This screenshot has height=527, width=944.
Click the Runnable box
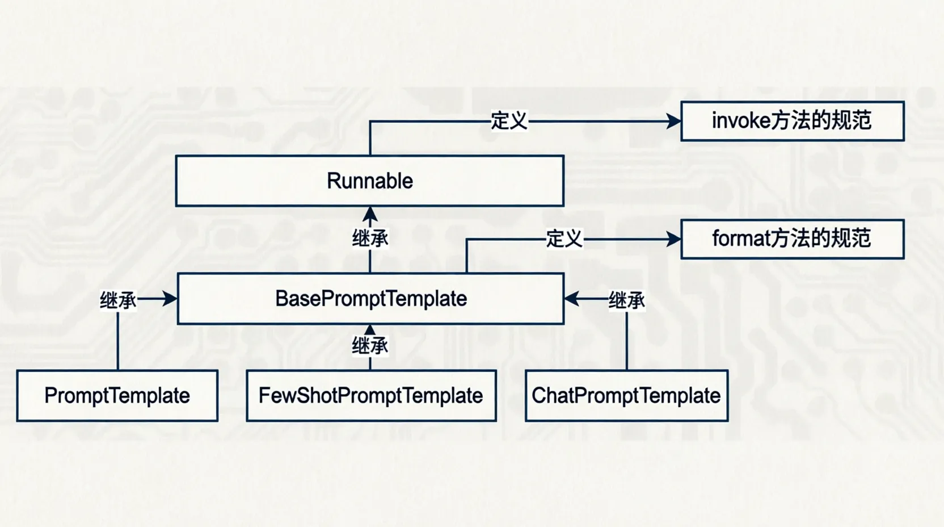[x=370, y=181]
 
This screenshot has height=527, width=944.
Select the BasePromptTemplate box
[x=370, y=299]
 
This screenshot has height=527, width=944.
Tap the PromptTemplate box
[x=117, y=396]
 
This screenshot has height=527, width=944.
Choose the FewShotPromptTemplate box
[x=371, y=396]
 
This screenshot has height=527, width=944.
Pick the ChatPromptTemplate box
[x=626, y=396]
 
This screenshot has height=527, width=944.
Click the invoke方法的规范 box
[x=792, y=121]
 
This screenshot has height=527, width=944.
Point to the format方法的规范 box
[x=792, y=239]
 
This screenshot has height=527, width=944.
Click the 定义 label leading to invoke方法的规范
[x=509, y=121]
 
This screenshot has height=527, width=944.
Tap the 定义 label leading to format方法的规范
[x=564, y=239]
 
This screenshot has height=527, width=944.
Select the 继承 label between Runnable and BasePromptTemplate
[x=370, y=239]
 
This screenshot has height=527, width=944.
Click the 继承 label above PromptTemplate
[x=118, y=300]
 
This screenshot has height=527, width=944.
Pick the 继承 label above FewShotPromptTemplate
[x=370, y=345]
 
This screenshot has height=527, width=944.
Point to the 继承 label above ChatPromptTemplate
[x=627, y=300]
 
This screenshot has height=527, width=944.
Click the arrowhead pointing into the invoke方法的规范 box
[x=673, y=121]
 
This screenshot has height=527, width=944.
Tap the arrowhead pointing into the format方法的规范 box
[x=673, y=239]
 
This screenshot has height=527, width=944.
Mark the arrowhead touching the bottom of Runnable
[x=370, y=214]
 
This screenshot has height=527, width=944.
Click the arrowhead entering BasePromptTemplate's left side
[x=170, y=299]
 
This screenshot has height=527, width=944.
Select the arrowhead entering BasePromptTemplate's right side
[x=572, y=299]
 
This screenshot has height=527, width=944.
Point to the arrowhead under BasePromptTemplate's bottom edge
[x=370, y=329]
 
